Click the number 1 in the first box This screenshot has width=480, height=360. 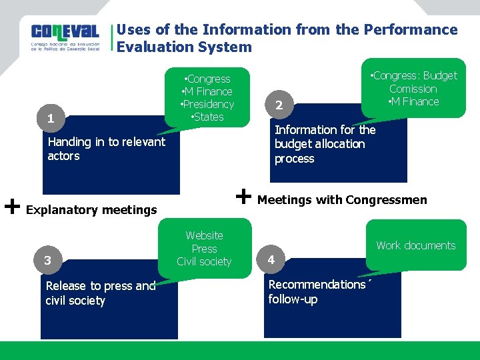51,119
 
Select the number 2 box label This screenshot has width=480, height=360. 279,105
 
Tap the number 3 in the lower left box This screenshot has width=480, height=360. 47,260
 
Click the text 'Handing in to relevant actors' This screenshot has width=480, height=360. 106,149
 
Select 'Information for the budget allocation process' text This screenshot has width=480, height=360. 325,144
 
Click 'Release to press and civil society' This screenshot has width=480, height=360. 100,293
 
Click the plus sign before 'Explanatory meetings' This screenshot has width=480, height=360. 11,206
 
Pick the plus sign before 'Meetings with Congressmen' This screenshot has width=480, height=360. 244,196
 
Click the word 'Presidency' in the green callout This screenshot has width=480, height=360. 209,104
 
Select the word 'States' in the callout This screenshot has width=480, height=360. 208,117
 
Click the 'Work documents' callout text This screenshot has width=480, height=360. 415,245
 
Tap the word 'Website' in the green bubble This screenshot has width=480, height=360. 204,235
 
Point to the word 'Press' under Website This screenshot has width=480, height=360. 204,249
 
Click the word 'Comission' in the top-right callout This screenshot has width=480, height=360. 413,89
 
